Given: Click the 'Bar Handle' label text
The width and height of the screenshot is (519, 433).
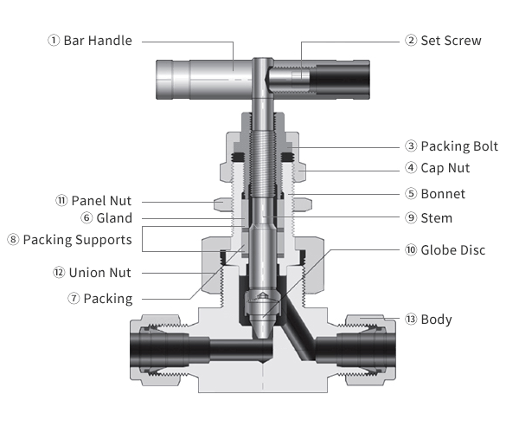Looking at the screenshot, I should (98, 41).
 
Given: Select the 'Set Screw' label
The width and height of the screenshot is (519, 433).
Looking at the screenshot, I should (451, 41).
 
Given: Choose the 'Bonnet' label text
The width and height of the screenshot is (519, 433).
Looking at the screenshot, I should (443, 194).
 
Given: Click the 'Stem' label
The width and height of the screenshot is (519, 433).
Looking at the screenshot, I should (436, 218).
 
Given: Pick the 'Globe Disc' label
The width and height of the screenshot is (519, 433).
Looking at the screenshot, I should (453, 250).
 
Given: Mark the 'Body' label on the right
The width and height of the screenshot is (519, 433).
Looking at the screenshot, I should (436, 320).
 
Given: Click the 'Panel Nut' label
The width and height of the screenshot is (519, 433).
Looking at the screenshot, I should (101, 201).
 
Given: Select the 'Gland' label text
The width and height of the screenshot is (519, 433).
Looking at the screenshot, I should (114, 218).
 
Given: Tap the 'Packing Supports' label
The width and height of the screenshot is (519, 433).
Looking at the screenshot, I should (77, 239).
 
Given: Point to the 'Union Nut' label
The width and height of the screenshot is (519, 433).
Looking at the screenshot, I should (99, 273).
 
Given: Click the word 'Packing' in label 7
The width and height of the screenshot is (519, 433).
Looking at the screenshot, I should (108, 299).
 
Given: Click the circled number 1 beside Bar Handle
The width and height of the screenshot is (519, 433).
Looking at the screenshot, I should (54, 41).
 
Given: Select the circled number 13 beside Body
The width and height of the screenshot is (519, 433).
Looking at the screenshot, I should (411, 320).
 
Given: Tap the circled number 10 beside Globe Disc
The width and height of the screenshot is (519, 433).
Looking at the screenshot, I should (411, 250).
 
